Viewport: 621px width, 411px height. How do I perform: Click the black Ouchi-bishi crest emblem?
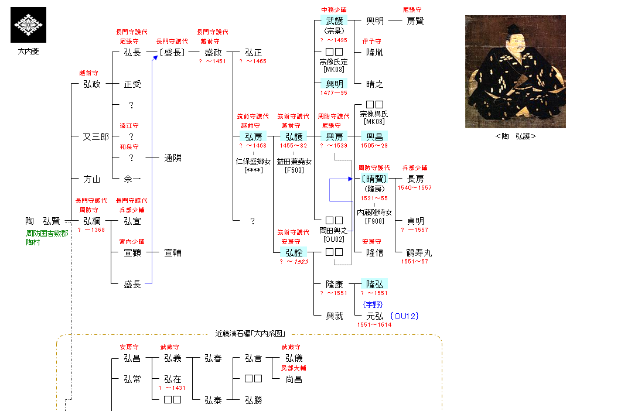tap(29, 25)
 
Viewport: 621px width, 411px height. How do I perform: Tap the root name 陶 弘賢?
tap(43, 221)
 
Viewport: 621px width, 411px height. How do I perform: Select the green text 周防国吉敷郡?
tap(47, 233)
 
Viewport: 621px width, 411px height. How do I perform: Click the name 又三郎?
tap(95, 137)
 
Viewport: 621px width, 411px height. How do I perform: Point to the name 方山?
tap(92, 179)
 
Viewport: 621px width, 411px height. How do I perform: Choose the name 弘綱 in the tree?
tap(92, 221)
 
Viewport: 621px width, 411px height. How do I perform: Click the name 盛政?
tap(213, 53)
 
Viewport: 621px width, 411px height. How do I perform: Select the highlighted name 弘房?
tap(254, 136)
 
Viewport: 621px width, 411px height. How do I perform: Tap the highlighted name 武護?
tap(335, 20)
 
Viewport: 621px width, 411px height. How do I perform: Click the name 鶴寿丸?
tap(419, 252)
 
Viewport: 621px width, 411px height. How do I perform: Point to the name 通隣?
tap(173, 158)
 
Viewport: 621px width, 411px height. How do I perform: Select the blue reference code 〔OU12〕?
tap(405, 316)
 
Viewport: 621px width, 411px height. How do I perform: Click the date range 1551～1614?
tap(374, 324)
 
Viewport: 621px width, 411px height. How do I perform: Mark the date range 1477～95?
tap(333, 93)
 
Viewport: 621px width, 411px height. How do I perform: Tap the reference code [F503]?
tap(294, 170)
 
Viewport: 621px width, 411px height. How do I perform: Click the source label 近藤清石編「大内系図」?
tap(250, 334)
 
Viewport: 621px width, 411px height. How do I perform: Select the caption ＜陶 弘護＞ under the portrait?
tap(516, 136)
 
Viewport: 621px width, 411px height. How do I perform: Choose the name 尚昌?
tap(294, 379)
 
